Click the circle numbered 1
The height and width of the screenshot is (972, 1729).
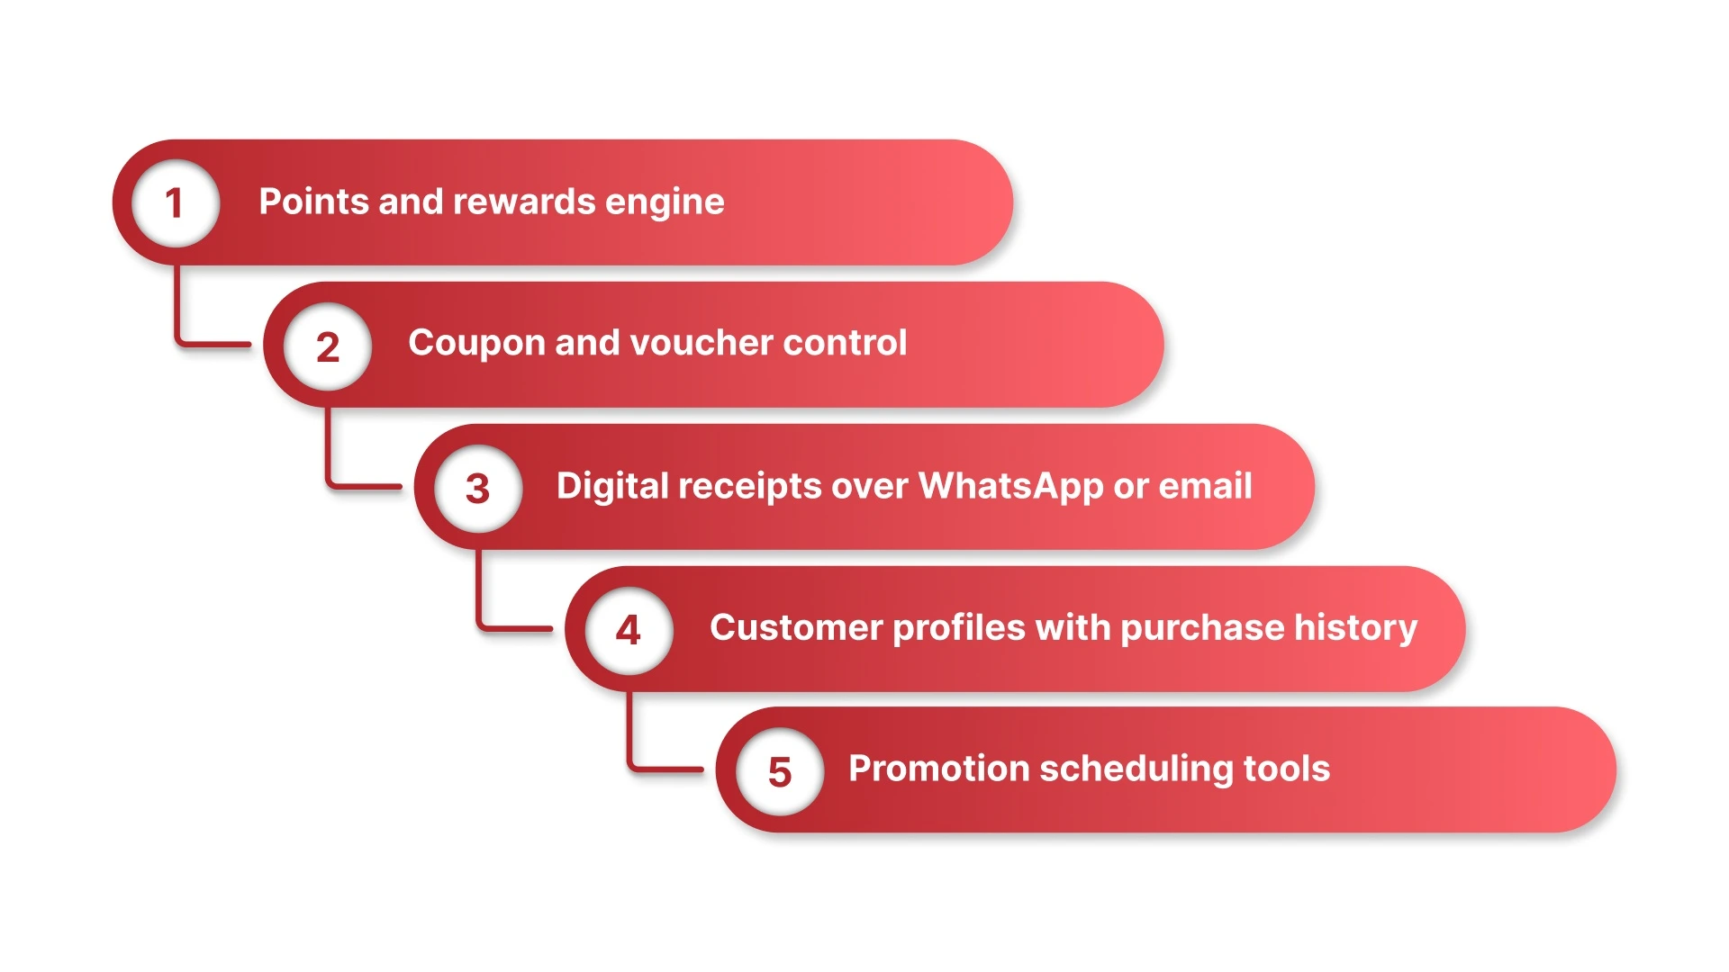[x=176, y=202]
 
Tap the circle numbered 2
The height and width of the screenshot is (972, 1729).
[x=328, y=346]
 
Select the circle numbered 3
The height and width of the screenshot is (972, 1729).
[x=478, y=488]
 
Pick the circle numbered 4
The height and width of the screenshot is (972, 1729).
[x=629, y=629]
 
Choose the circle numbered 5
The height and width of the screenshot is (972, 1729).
[x=780, y=771]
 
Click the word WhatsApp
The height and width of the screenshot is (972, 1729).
[x=1010, y=487]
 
